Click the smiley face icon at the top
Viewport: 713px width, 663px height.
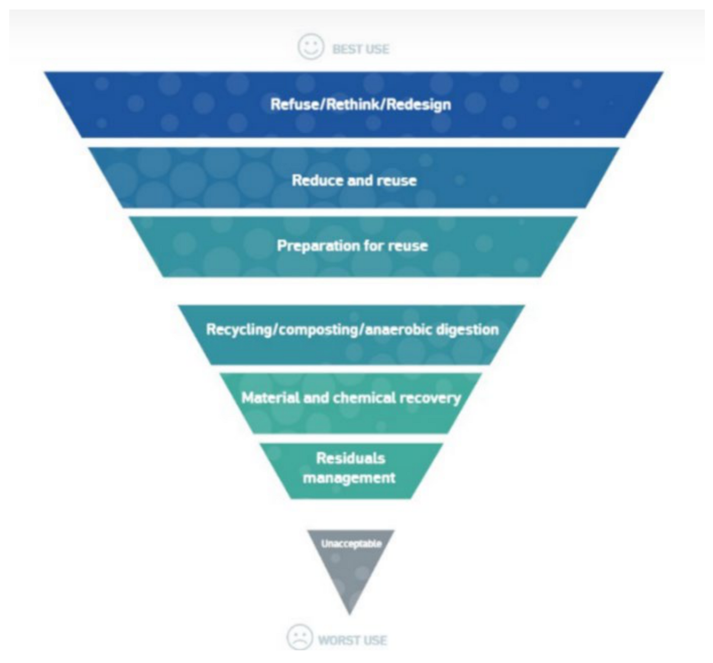point(311,47)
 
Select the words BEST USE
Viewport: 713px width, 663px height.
point(361,50)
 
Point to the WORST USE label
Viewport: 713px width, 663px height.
point(352,640)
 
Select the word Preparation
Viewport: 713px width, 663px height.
point(314,245)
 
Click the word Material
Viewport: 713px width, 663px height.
point(270,397)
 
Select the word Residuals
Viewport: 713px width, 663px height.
point(350,459)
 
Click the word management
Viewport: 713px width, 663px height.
point(349,478)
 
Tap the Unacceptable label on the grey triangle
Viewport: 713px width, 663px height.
point(351,544)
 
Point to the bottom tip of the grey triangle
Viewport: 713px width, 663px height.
point(350,613)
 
